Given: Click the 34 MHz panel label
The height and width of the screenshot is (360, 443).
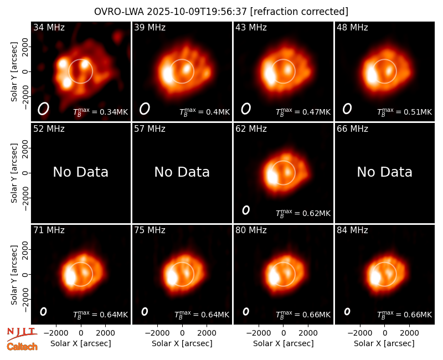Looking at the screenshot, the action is click(49, 27).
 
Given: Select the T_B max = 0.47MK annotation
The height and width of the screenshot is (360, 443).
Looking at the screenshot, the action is click(303, 112).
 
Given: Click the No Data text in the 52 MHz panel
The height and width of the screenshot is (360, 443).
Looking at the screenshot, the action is click(80, 172).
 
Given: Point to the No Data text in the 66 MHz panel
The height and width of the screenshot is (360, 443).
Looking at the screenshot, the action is click(384, 172).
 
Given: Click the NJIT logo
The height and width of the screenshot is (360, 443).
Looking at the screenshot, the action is click(22, 334).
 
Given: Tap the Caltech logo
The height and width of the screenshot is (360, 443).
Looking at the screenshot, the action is click(22, 347).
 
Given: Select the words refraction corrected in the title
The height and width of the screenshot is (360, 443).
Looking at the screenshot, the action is click(300, 12).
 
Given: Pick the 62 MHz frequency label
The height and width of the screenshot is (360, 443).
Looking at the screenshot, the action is click(251, 129).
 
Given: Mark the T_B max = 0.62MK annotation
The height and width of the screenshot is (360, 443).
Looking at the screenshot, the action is click(303, 213).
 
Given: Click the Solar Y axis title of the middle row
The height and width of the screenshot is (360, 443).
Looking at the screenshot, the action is click(14, 173).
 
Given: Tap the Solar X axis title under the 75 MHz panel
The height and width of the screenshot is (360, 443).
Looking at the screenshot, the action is click(182, 343).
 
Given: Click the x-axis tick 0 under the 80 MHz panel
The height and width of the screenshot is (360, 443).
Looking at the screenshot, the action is click(284, 333).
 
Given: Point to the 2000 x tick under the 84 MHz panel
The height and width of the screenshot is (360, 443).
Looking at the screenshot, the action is click(409, 333).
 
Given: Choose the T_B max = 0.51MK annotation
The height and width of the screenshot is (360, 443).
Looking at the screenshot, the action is click(405, 112).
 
